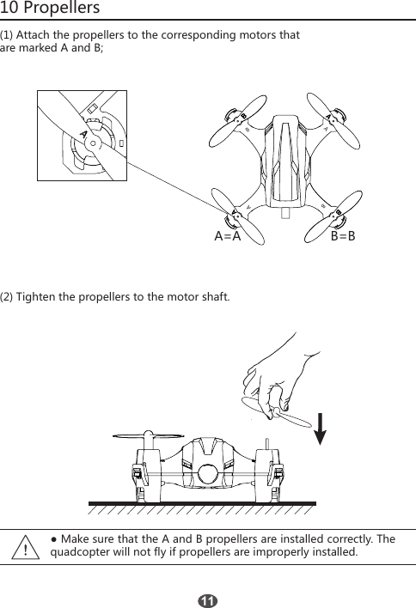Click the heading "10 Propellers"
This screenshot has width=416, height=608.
point(51,9)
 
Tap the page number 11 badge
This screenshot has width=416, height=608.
point(207,599)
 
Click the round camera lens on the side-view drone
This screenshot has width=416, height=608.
point(206,473)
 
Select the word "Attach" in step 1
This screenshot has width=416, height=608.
point(36,36)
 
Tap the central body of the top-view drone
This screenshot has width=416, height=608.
point(284,163)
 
